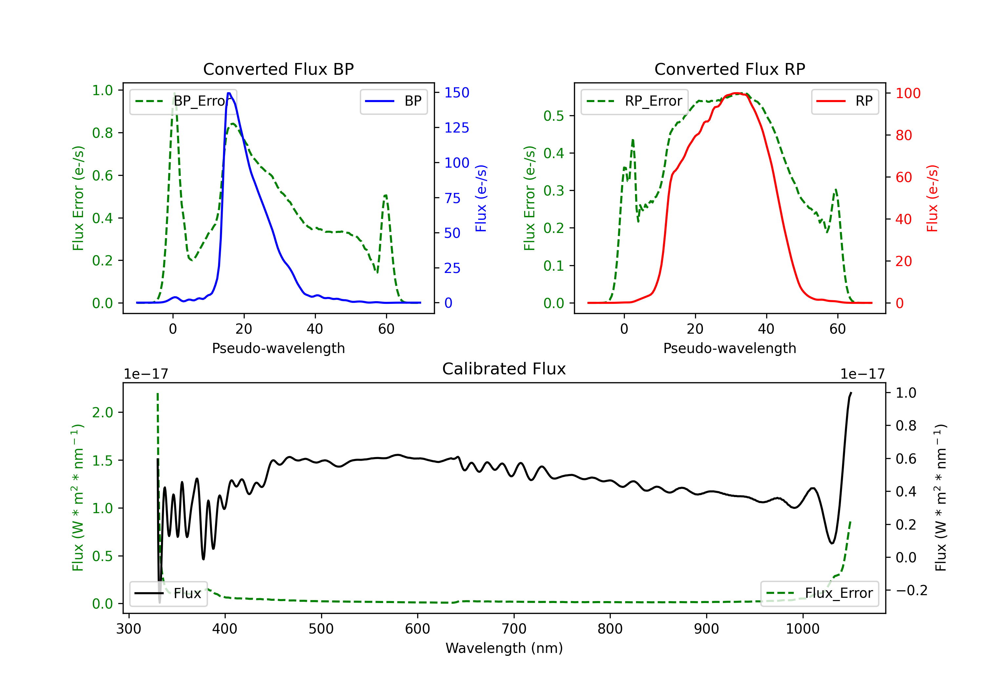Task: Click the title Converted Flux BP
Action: [278, 69]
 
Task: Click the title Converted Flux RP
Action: [730, 69]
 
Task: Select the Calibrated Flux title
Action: [504, 369]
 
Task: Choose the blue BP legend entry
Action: [393, 101]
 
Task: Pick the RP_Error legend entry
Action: [634, 101]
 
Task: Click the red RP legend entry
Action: [845, 101]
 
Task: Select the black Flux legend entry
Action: [168, 594]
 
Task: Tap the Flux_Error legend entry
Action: [819, 594]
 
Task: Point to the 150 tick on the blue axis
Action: [457, 93]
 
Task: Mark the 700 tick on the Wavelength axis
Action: [514, 629]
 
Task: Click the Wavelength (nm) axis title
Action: [504, 648]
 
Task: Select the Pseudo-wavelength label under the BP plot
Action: [278, 348]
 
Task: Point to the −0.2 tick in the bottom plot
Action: [912, 590]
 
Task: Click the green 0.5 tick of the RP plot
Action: [554, 116]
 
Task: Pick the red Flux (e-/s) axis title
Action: [933, 198]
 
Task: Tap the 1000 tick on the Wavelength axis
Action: [803, 629]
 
